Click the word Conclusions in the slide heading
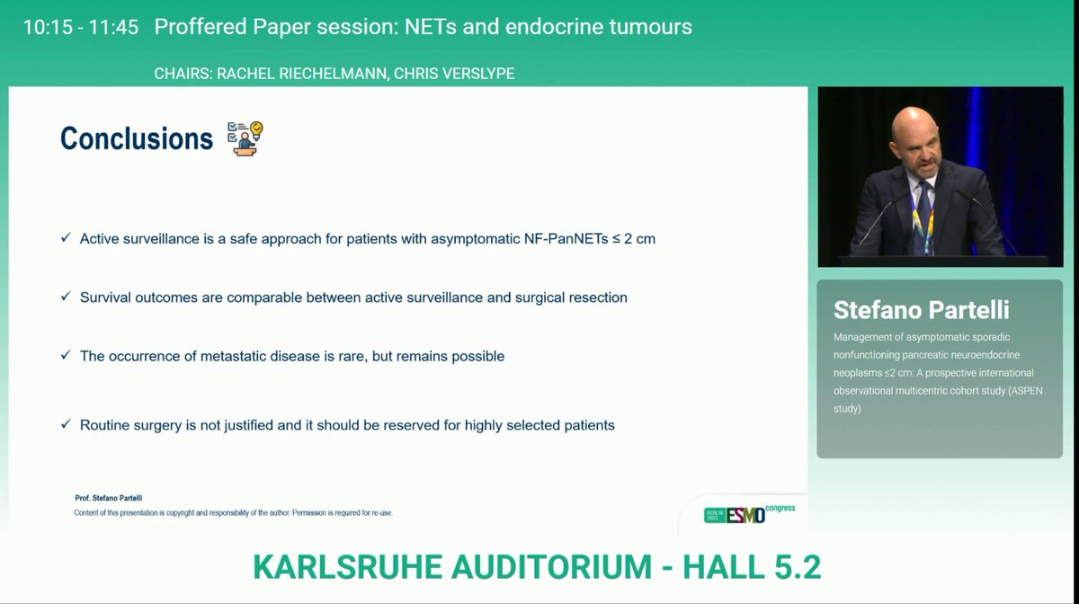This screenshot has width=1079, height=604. [x=136, y=138]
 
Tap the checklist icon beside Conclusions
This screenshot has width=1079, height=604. [x=245, y=138]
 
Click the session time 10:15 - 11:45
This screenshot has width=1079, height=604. [x=81, y=27]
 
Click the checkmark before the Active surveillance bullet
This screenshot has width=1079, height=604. [x=66, y=238]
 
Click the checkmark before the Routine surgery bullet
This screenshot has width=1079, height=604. [x=66, y=424]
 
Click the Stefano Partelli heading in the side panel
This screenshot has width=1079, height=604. [x=921, y=310]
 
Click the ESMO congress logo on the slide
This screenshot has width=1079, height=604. [x=749, y=513]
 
